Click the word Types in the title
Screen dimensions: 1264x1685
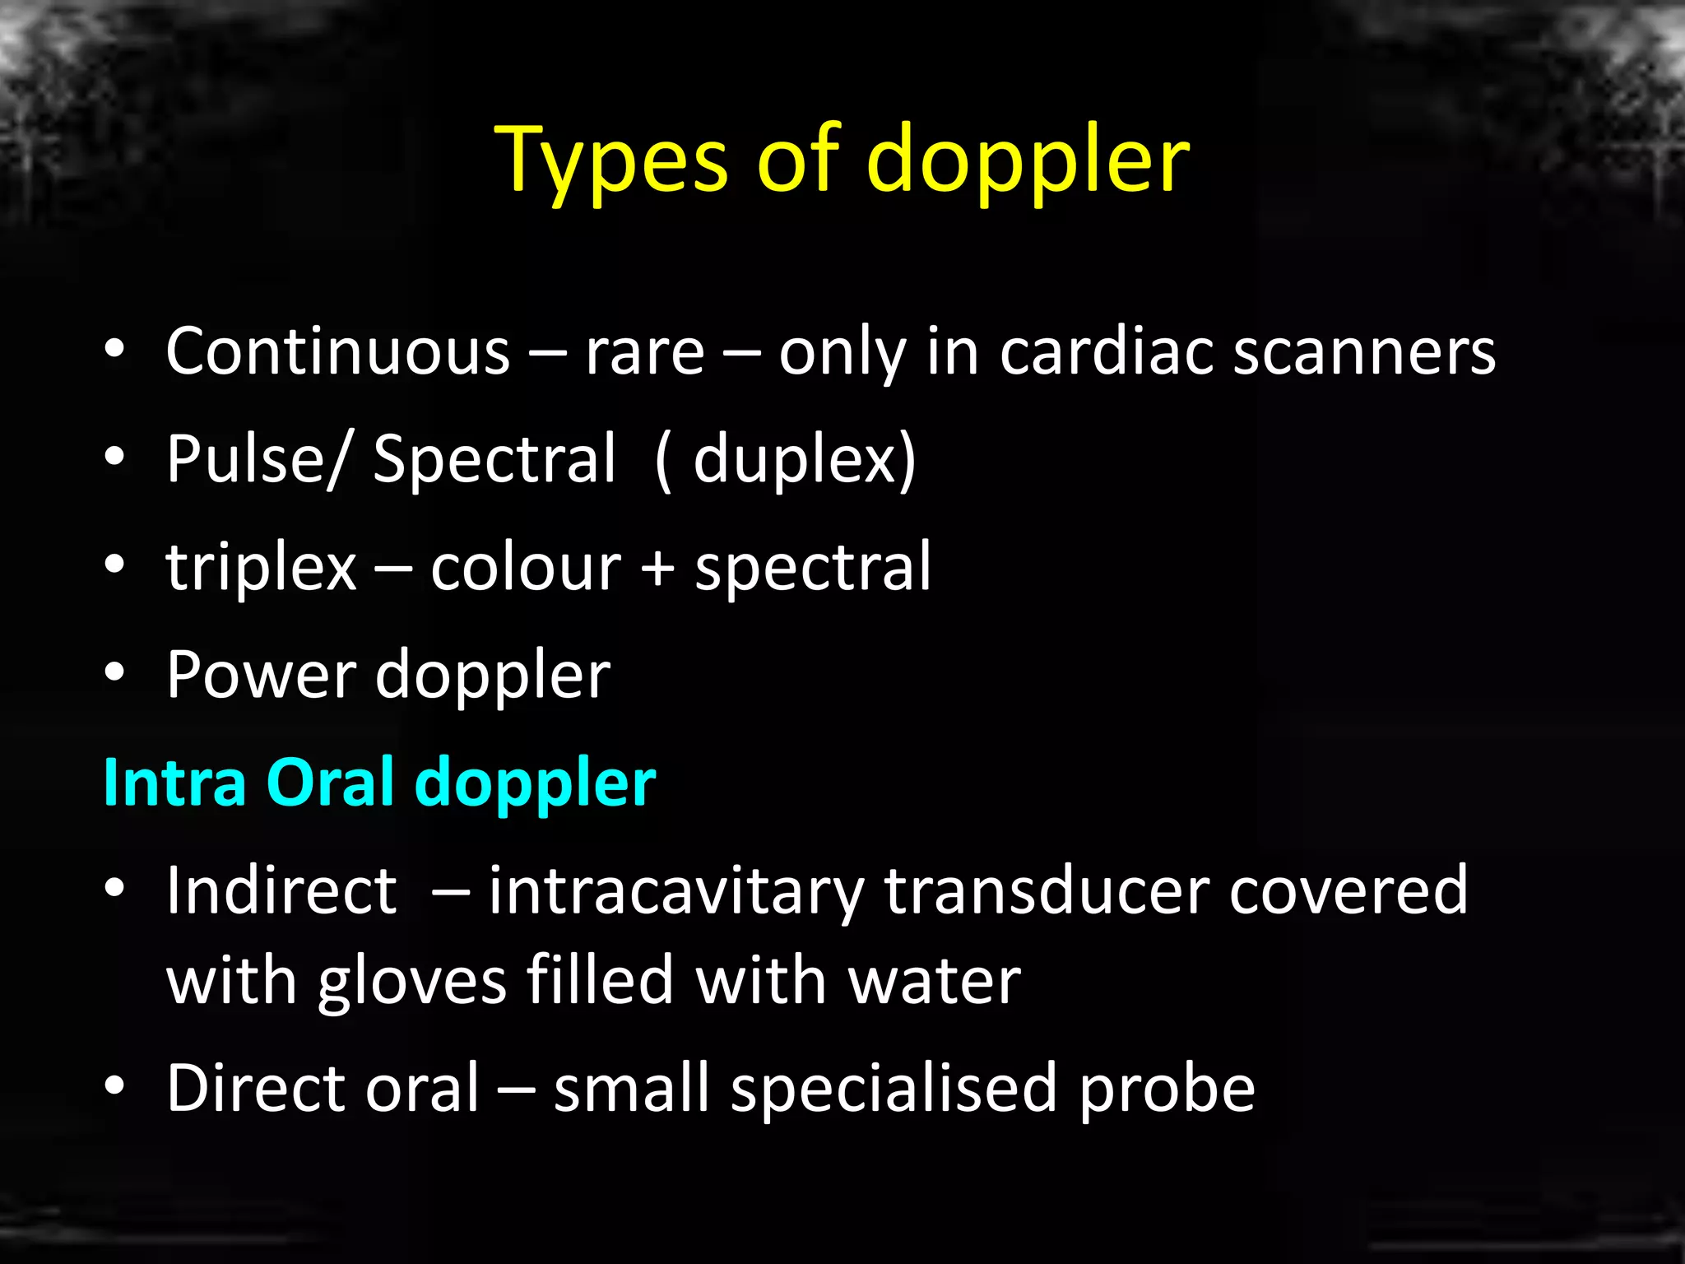point(614,160)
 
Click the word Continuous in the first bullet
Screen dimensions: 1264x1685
point(338,352)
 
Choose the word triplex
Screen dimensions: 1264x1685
point(262,568)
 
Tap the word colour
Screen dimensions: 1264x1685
point(526,568)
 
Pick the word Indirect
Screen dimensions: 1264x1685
point(282,890)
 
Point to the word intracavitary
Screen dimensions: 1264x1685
point(675,890)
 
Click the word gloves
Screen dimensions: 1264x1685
point(412,981)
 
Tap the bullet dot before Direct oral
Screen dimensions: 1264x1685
point(114,1085)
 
